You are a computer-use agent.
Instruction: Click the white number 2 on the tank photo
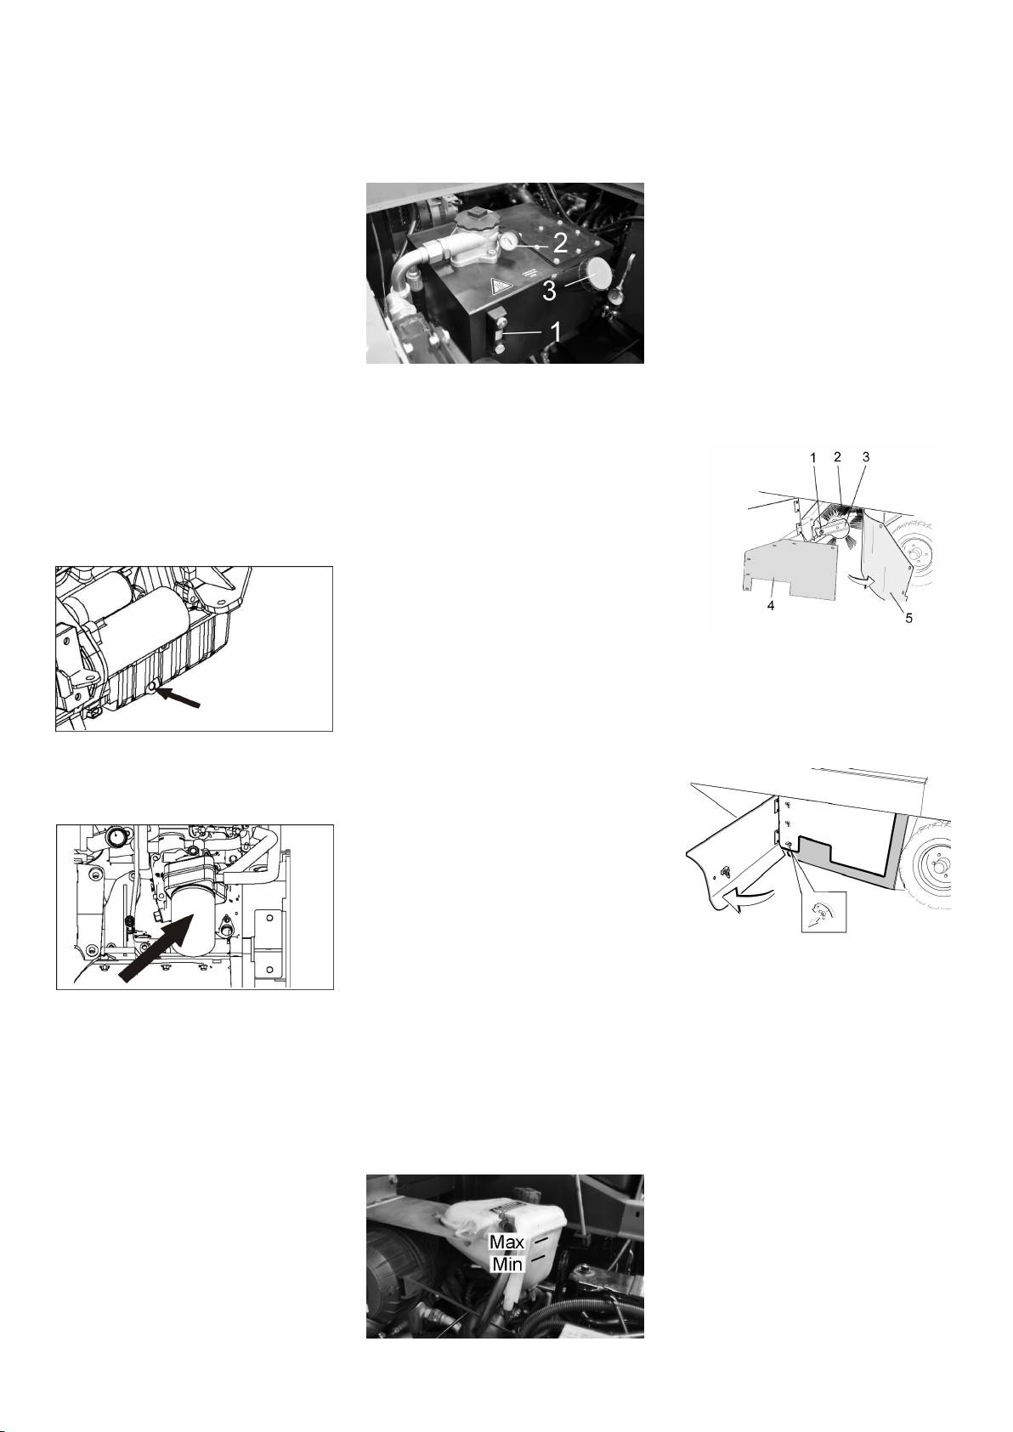(x=560, y=243)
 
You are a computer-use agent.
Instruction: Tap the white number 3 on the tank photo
(x=550, y=291)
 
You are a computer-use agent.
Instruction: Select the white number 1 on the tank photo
(x=557, y=331)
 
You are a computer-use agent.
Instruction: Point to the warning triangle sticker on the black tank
(x=500, y=286)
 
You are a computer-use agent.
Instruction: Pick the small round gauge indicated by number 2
(x=509, y=242)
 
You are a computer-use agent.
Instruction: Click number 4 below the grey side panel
(x=771, y=605)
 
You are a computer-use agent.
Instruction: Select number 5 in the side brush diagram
(x=908, y=618)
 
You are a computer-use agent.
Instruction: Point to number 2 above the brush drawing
(x=836, y=457)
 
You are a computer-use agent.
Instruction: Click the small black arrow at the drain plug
(x=179, y=698)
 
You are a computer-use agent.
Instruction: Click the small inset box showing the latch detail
(x=823, y=911)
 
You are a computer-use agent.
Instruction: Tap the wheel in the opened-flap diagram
(x=932, y=865)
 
